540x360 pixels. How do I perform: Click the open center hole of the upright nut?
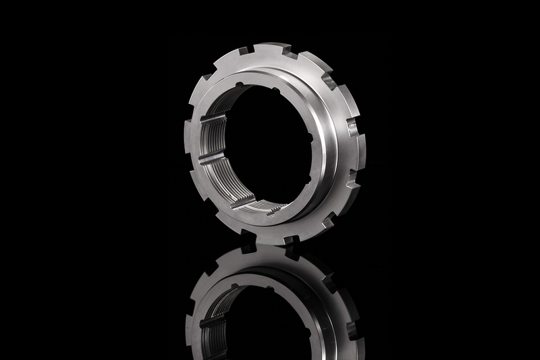pyautogui.click(x=270, y=145)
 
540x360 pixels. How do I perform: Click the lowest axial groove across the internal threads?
pyautogui.click(x=243, y=201)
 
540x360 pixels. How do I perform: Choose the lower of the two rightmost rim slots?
pyautogui.click(x=350, y=179)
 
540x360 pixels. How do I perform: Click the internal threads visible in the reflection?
pyautogui.click(x=215, y=317)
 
